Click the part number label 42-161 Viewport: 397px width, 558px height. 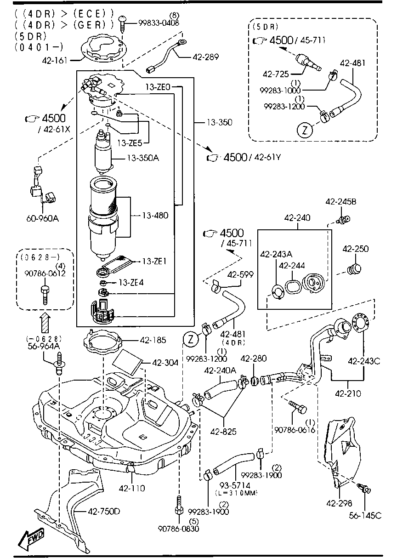[54, 60]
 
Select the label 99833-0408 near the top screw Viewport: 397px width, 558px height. [159, 23]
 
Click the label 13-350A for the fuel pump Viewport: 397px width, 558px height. [143, 158]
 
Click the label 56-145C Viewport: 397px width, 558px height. [365, 515]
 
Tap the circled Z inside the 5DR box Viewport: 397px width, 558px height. [305, 130]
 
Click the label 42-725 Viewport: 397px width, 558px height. [275, 74]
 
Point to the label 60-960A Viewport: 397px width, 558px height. [43, 218]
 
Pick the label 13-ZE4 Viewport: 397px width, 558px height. [131, 283]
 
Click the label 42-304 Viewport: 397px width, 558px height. [165, 363]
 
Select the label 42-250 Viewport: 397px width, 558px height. [355, 249]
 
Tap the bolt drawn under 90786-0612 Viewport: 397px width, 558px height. [45, 295]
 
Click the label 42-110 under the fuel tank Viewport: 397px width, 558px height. [132, 488]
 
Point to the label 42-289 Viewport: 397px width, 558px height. [206, 57]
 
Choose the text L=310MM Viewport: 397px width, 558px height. [236, 493]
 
